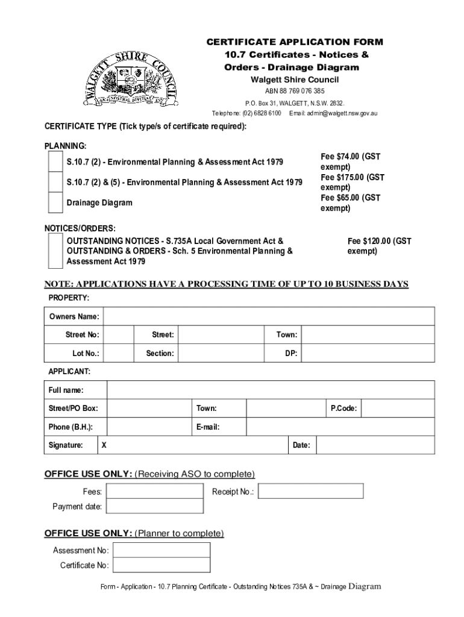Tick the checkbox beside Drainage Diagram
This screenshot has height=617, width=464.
[x=55, y=202]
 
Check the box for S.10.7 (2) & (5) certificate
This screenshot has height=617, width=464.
[x=55, y=182]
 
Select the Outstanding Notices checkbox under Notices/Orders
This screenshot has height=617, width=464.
[x=55, y=251]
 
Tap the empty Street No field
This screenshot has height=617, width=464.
[x=118, y=334]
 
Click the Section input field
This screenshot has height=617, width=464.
[x=222, y=353]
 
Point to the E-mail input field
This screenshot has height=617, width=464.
[x=340, y=427]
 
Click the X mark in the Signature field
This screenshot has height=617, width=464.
[x=104, y=445]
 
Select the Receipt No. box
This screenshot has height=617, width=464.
[x=311, y=491]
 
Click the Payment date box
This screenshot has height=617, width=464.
[x=155, y=506]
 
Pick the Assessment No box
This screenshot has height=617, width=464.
[x=162, y=550]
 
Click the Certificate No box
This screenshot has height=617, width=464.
[x=162, y=565]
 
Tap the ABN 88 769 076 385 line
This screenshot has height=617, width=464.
[x=295, y=91]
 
